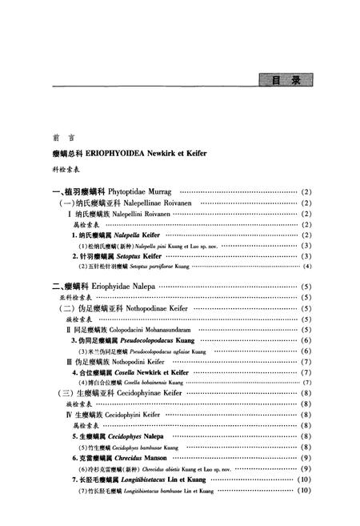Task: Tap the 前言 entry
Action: point(57,136)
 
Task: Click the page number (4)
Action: point(307,266)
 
